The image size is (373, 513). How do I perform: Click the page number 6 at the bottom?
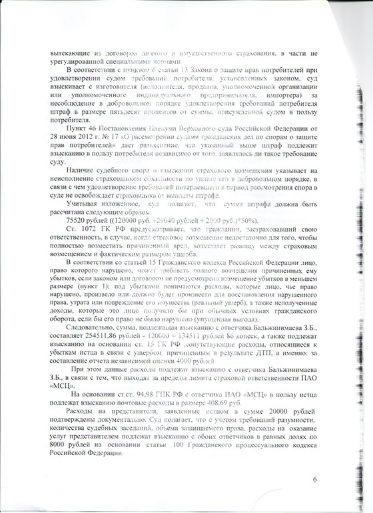coord(316,480)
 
